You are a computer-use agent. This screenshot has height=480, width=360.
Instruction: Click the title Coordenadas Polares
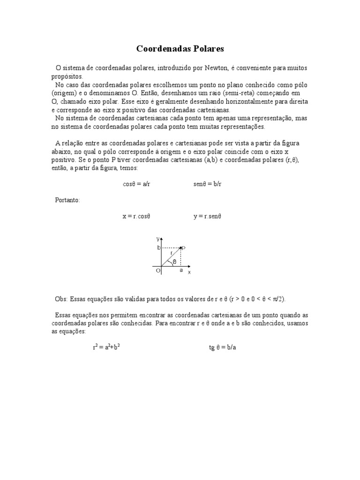(180, 49)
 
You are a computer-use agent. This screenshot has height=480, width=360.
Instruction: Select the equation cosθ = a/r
(136, 184)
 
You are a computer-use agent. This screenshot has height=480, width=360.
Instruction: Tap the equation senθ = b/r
(207, 184)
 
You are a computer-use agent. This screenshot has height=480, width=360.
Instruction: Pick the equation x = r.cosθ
(136, 217)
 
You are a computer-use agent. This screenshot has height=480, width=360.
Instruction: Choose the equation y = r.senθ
(207, 217)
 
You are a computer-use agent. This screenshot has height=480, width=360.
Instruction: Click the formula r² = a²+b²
(109, 347)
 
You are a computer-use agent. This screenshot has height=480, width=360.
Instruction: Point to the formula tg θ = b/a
(222, 348)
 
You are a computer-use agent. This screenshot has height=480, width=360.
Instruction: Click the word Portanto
(67, 200)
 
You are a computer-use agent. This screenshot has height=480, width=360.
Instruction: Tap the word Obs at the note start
(61, 299)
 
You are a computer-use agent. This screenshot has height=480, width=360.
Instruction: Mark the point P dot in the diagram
(181, 247)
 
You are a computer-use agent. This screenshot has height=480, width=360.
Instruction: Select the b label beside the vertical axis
(158, 247)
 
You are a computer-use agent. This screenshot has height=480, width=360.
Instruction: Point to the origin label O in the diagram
(158, 271)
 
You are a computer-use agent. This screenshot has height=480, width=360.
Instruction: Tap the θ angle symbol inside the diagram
(174, 262)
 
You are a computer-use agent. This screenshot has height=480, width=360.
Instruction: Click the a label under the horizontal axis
(181, 270)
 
